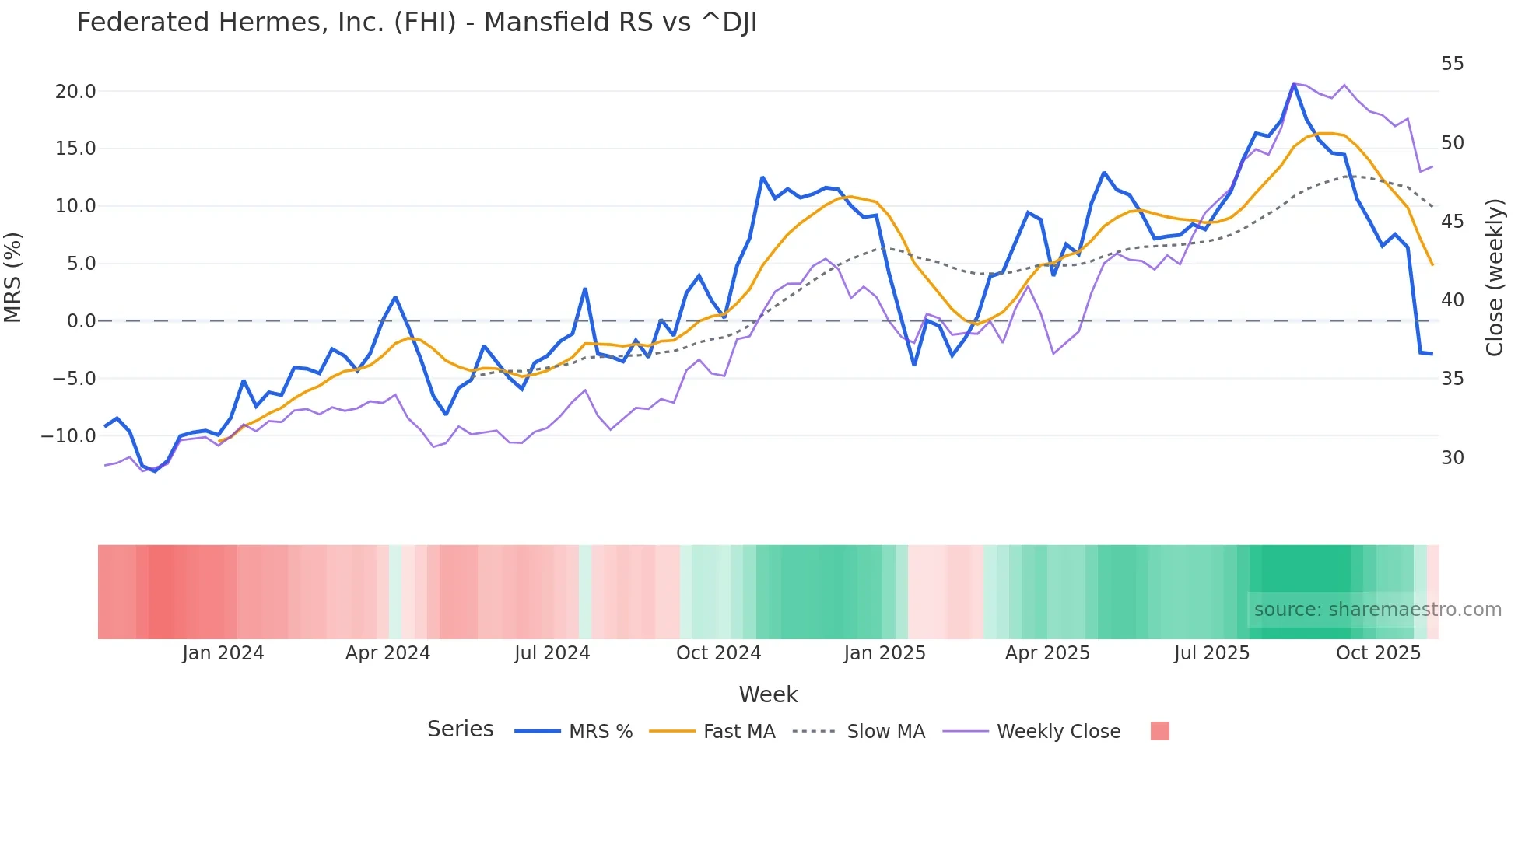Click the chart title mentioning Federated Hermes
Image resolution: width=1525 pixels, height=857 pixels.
tap(416, 23)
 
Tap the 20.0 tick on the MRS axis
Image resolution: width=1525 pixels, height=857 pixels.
tap(75, 92)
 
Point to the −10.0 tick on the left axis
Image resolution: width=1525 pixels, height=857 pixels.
tap(68, 436)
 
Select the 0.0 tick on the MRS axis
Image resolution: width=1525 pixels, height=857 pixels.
tap(81, 321)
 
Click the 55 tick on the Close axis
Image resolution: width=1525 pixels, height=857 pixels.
tap(1452, 64)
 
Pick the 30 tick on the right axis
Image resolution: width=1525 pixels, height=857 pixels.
tap(1452, 458)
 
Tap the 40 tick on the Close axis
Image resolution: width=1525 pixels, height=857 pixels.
tap(1452, 300)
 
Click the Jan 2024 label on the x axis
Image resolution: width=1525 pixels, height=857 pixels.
tap(223, 653)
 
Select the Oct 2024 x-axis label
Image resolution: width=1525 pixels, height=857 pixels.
tap(718, 653)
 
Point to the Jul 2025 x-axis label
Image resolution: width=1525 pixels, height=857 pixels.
tap(1211, 653)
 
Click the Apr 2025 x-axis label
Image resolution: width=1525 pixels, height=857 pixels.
tap(1047, 653)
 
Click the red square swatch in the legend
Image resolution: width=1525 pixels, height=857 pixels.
tap(1159, 731)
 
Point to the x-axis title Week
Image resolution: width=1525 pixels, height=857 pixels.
tap(768, 694)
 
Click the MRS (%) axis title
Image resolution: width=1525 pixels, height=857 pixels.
tap(13, 277)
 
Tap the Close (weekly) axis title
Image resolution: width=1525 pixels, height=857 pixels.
tap(1495, 277)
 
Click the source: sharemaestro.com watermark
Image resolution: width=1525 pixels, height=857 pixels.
tap(1377, 610)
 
